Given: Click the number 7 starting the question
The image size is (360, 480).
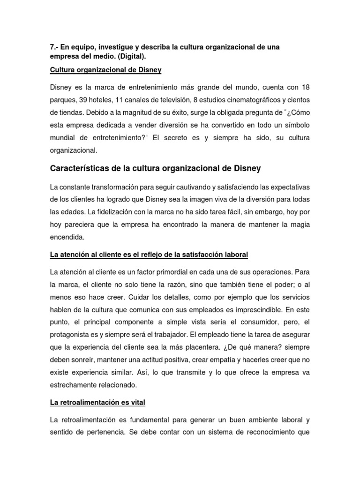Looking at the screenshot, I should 52,48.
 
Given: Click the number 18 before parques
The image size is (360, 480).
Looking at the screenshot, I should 305,88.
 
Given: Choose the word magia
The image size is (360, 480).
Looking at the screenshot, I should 300,225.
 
